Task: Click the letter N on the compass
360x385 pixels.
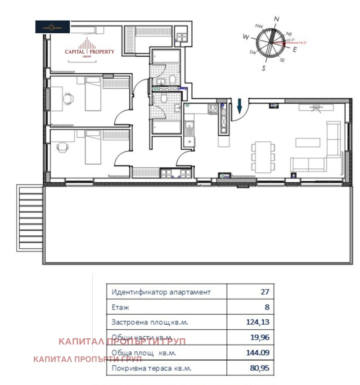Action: coord(277,18)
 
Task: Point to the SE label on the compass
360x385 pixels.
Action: coord(282,60)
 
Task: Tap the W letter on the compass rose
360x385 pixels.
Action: coord(246,36)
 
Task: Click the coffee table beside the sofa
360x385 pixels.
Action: coord(308,142)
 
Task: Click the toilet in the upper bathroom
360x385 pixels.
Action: coord(173,79)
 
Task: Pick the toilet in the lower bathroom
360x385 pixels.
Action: coord(164,99)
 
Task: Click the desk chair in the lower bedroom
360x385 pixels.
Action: coord(62,146)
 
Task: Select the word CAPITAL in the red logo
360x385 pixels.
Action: coord(75,52)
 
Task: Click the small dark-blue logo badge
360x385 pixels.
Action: coord(53,27)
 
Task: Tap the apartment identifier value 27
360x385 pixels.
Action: coord(265,292)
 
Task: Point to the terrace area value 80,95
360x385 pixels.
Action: coord(259,368)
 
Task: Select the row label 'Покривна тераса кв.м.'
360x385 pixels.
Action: coord(151,368)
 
